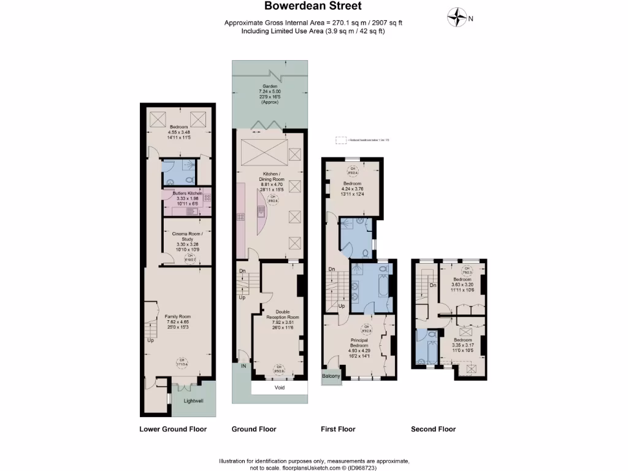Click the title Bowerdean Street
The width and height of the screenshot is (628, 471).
pos(313,7)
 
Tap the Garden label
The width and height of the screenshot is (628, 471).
pos(270,86)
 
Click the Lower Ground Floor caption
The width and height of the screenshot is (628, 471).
pos(173,429)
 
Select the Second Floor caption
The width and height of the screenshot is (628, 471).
pos(433,429)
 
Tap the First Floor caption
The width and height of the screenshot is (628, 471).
pos(338,429)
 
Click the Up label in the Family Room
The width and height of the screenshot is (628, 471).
pos(150,339)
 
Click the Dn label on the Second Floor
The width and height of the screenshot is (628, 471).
pos(433,285)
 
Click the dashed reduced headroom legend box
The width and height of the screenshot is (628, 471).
pos(340,140)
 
